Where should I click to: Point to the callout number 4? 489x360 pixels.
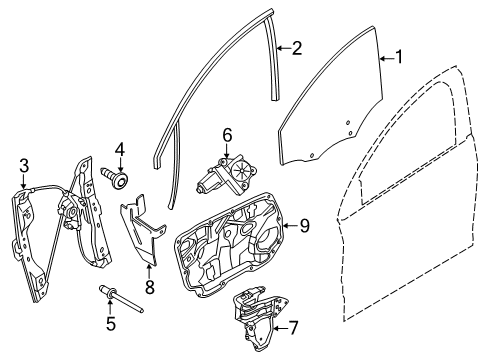point(119,150)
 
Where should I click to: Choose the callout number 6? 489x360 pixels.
point(227,133)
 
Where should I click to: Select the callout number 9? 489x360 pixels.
point(305,227)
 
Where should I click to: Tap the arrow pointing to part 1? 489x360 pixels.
point(385,59)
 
